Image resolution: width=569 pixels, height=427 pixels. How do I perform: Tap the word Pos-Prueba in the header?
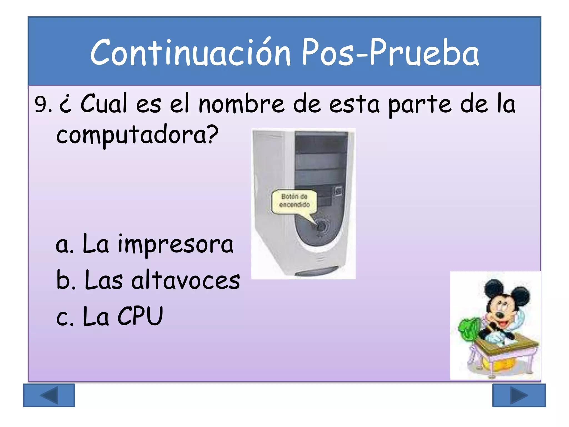click(x=390, y=53)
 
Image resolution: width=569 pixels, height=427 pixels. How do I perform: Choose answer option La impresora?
click(x=144, y=244)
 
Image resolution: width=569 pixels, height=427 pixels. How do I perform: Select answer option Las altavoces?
click(x=148, y=280)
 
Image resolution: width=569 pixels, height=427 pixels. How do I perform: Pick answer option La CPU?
click(x=109, y=316)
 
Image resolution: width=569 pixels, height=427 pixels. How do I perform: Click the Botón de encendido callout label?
click(x=294, y=201)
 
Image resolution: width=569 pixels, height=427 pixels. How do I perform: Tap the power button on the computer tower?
click(x=321, y=226)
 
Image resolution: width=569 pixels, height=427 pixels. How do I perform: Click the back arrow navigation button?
click(x=49, y=395)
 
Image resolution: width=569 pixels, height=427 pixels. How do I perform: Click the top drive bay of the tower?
click(x=321, y=142)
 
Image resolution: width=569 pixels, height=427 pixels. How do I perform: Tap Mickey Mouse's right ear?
click(x=519, y=296)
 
